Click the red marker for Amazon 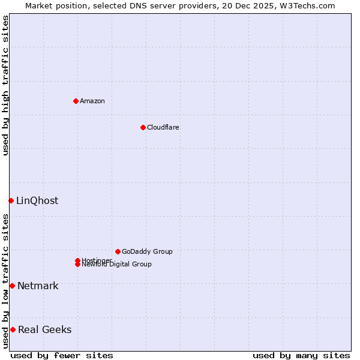[76, 101]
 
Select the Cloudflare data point [143, 127]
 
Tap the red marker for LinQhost [11, 200]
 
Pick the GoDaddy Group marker [118, 251]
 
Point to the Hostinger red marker [77, 260]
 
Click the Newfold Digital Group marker [77, 265]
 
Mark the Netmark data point [12, 286]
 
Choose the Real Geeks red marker [13, 329]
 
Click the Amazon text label [92, 101]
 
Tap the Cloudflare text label [163, 127]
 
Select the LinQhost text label [37, 200]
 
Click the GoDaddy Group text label [147, 251]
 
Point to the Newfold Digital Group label [116, 265]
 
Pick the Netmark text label [38, 286]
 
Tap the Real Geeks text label [44, 329]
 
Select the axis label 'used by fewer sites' [62, 355]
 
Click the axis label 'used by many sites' [301, 355]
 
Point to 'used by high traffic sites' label [5, 85]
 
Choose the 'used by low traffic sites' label [5, 281]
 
